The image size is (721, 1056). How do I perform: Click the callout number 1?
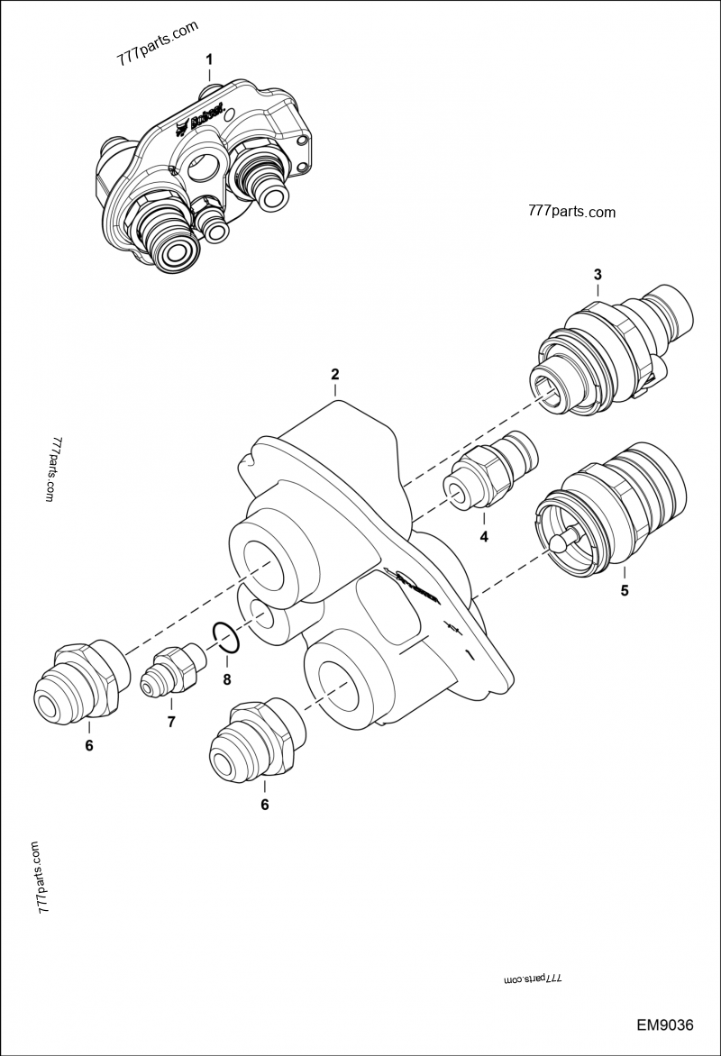point(209,59)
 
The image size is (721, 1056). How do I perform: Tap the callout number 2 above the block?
point(334,374)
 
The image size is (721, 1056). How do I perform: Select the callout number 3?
point(597,274)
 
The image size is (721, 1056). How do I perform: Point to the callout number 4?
point(483,537)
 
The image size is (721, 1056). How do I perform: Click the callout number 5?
point(624,591)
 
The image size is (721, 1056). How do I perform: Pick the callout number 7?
point(170,721)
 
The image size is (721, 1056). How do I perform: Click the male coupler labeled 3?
point(613,351)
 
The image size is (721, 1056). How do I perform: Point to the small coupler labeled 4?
point(488,471)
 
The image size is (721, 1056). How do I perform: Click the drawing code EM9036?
point(664,1025)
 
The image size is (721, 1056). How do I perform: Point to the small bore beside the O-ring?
point(262,617)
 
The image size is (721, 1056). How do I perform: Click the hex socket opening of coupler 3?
point(548,394)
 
